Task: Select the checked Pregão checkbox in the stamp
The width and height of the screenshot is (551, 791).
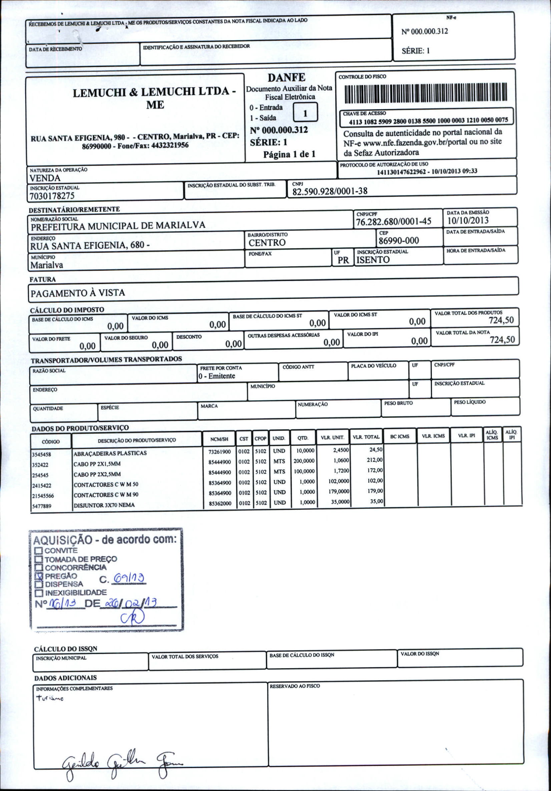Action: point(39,576)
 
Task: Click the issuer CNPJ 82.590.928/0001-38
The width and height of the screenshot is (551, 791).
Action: point(330,191)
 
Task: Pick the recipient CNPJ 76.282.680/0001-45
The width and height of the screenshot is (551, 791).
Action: point(393,222)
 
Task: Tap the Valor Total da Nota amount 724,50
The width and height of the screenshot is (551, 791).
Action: point(502,340)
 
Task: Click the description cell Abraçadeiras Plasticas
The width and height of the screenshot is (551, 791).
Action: point(110,453)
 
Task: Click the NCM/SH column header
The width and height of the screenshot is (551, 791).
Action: point(219,439)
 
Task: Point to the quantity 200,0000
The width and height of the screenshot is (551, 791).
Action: point(304,461)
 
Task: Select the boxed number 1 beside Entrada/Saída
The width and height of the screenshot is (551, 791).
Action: point(305,113)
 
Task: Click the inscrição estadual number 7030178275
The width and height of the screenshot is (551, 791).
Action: point(52,196)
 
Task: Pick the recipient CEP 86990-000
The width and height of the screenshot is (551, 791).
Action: point(399,240)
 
